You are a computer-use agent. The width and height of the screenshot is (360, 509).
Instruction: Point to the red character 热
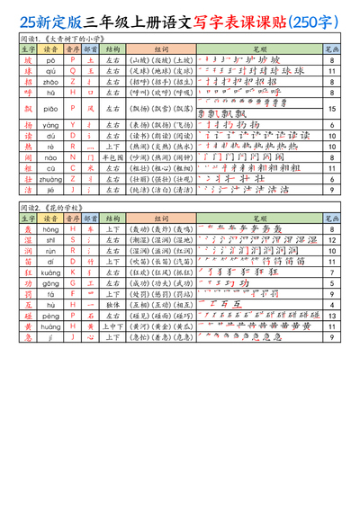(28, 146)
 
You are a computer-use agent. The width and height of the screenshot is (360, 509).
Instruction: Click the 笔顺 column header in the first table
(259, 49)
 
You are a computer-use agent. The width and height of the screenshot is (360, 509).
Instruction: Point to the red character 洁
(28, 189)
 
